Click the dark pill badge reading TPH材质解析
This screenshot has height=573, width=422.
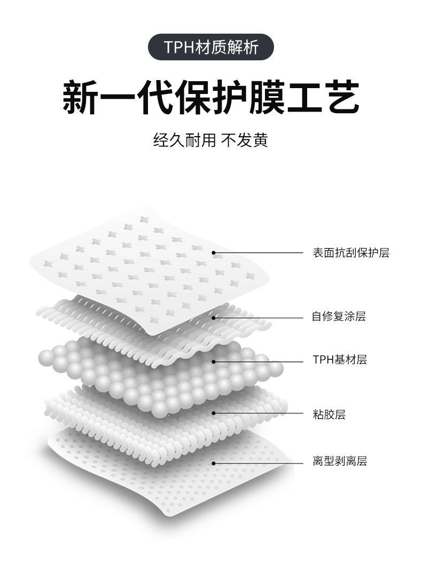[x=210, y=47]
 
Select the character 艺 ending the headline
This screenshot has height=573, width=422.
[x=341, y=97]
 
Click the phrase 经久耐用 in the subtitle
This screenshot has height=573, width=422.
[x=184, y=140]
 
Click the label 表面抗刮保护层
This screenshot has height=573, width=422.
[x=351, y=253]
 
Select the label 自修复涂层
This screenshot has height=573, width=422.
[x=339, y=317]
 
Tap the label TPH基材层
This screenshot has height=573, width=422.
[x=340, y=359]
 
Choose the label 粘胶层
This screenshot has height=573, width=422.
[x=329, y=414]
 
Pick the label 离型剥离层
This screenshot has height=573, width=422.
[x=340, y=461]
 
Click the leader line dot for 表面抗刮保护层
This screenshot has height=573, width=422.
[x=214, y=253]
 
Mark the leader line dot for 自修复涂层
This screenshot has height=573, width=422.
[x=214, y=317]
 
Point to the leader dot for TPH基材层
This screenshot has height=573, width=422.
[x=214, y=361]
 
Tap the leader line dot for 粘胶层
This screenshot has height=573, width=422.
[x=214, y=413]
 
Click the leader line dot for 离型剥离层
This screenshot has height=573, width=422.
[x=214, y=463]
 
